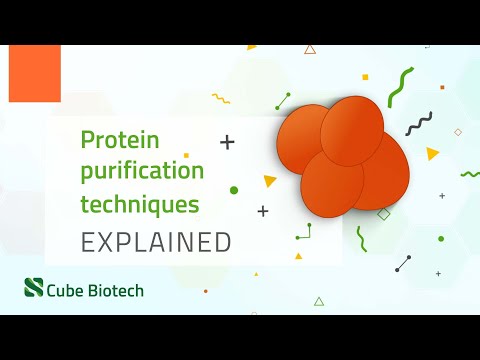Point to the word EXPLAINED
(156, 241)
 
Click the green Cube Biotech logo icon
(34, 289)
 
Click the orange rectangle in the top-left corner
(35, 73)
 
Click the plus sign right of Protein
(227, 142)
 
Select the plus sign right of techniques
(263, 211)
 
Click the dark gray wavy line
(419, 124)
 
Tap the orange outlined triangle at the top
(310, 49)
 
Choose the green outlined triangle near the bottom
(319, 301)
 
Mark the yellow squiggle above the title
(221, 98)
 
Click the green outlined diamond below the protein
(383, 214)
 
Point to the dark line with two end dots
(403, 263)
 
